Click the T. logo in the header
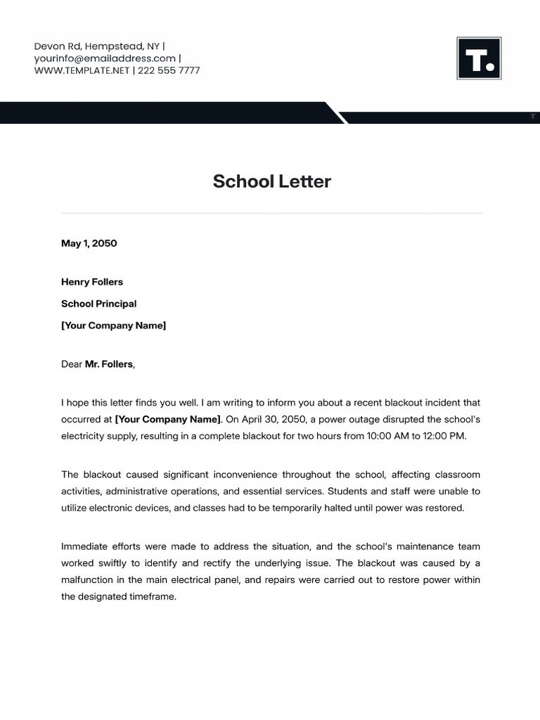coord(479,58)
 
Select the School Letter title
coord(271,181)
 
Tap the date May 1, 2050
coord(89,243)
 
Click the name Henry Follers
coord(92,282)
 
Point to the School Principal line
coord(98,304)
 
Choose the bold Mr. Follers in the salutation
coord(108,364)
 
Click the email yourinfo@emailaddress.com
coord(105,58)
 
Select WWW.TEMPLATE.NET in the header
coord(82,70)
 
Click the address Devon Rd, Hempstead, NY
coord(97,46)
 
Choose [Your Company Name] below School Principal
coord(113,326)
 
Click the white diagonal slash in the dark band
coord(337,112)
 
